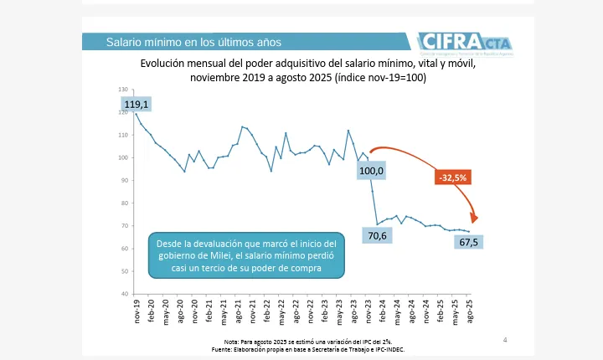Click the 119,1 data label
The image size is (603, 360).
click(x=136, y=105)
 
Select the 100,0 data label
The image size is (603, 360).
click(x=372, y=171)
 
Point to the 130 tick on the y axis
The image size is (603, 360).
click(x=124, y=90)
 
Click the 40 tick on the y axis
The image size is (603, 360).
click(x=126, y=294)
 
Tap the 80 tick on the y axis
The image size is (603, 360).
click(x=126, y=203)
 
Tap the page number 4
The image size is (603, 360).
click(x=505, y=339)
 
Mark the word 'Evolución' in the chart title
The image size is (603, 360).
click(x=164, y=63)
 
